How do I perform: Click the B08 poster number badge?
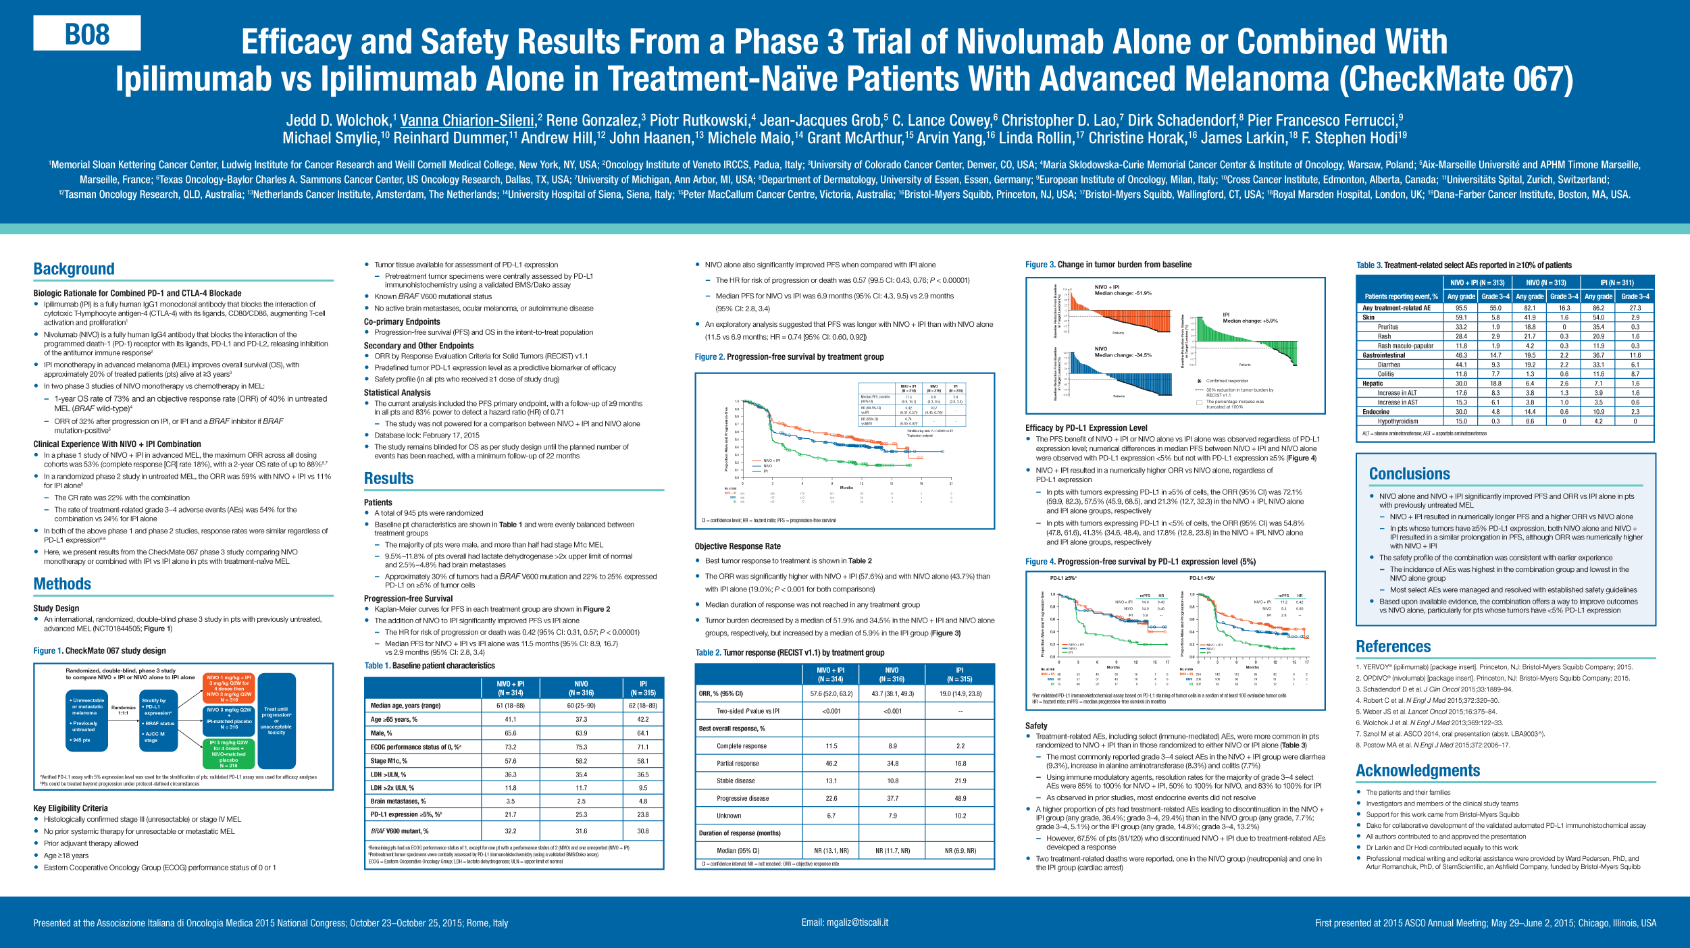coord(87,33)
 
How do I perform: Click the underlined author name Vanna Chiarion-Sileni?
coord(467,120)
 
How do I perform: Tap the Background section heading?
coord(74,269)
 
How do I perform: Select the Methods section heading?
coord(62,584)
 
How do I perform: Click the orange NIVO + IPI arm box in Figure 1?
coord(229,688)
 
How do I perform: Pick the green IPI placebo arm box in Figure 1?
coord(229,754)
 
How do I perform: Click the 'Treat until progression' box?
coord(277,721)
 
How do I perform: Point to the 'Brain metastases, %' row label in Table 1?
coord(399,801)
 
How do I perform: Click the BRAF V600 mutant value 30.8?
coord(643,831)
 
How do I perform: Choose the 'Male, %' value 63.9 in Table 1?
coord(581,733)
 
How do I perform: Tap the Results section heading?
coord(389,479)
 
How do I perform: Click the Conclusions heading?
coord(1410,474)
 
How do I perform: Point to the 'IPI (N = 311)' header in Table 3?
coord(1617,283)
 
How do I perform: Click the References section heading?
coord(1393,647)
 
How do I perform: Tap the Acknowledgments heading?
coord(1418,771)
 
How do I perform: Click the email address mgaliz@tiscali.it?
coord(845,922)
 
